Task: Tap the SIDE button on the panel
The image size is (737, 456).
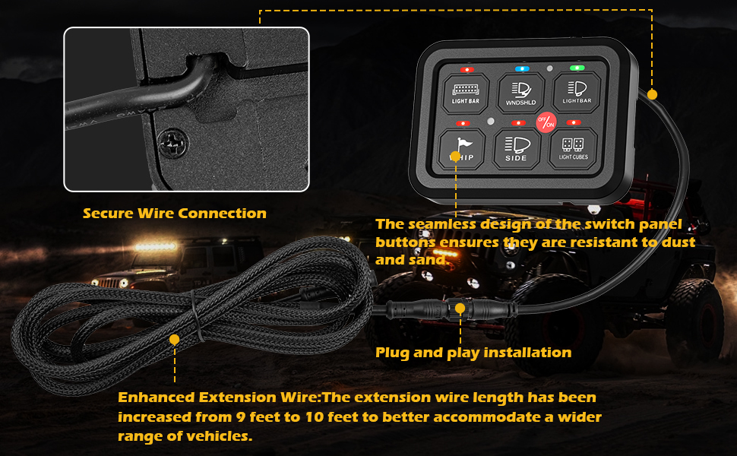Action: pos(517,149)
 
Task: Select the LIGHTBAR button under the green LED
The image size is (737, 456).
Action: pos(577,92)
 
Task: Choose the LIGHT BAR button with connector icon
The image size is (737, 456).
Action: pos(465,93)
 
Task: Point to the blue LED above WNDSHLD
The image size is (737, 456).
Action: pos(522,68)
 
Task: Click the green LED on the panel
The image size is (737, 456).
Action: pos(577,68)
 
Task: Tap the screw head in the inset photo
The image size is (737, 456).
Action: pos(173,143)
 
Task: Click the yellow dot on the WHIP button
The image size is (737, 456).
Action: pos(455,157)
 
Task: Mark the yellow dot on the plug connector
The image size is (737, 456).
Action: pos(460,309)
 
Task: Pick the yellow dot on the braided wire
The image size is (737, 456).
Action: pos(175,340)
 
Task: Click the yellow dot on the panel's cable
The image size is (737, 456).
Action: pos(652,94)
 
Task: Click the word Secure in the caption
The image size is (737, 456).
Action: pos(108,214)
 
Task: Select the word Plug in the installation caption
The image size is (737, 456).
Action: pos(392,353)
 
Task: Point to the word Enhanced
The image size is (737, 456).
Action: pos(157,397)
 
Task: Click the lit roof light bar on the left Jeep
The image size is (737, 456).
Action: pos(156,246)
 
